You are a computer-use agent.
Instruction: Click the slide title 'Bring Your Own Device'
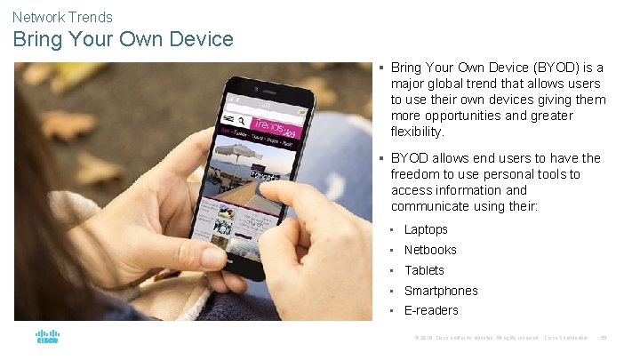123,40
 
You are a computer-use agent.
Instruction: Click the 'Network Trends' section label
62,17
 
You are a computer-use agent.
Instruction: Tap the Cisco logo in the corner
47,338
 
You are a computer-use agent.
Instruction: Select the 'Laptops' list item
426,229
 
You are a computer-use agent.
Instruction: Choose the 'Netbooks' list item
430,250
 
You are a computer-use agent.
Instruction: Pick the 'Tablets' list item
424,270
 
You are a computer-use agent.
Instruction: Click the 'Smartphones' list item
441,291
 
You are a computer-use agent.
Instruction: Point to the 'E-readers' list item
431,310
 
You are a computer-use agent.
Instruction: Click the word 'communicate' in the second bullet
427,206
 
